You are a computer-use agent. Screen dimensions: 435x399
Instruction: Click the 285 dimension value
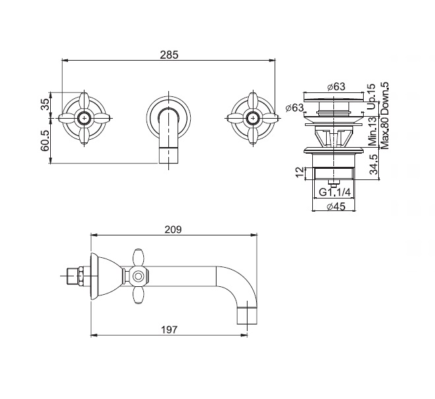[x=169, y=55]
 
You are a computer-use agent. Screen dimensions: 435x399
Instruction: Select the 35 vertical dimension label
[x=46, y=104]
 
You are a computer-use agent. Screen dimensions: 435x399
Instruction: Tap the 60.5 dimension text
[x=46, y=140]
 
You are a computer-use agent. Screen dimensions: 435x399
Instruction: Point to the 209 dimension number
[x=173, y=230]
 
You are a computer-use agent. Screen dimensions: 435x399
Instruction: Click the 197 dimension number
[x=169, y=330]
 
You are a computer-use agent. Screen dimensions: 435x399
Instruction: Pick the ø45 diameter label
[x=336, y=206]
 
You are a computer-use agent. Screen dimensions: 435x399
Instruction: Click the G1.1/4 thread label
[x=335, y=192]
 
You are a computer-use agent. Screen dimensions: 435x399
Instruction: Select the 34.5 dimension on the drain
[x=374, y=164]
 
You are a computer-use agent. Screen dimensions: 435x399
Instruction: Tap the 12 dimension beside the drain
[x=300, y=172]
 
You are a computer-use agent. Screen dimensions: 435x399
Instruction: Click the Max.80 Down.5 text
[x=385, y=115]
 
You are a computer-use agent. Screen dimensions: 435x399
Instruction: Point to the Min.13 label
[x=373, y=131]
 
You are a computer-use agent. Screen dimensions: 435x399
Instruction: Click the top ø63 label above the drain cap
[x=336, y=86]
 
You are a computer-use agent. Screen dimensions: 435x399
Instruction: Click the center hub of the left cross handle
[x=84, y=118]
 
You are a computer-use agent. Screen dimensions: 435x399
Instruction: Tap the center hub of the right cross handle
[x=253, y=118]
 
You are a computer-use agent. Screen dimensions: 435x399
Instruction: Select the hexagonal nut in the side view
[x=81, y=276]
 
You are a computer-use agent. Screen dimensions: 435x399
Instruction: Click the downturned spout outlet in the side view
[x=247, y=315]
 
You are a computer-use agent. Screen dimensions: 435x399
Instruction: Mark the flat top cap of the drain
[x=334, y=96]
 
